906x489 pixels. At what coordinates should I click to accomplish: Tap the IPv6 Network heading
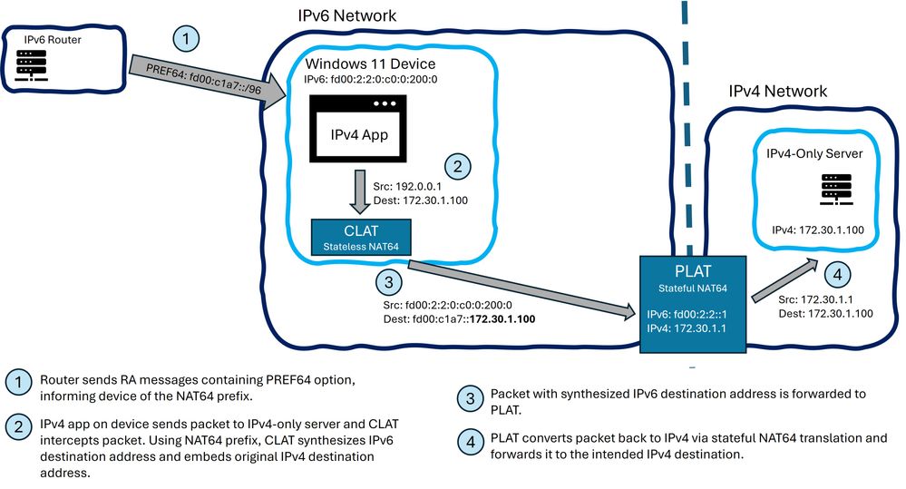[x=347, y=16]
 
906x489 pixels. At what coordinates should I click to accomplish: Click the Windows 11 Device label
[x=371, y=64]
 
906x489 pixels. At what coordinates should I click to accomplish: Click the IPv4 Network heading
[x=778, y=92]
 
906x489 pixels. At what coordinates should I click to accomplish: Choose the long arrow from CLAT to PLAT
[x=521, y=289]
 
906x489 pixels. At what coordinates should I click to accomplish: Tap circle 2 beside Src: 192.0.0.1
[x=458, y=167]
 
